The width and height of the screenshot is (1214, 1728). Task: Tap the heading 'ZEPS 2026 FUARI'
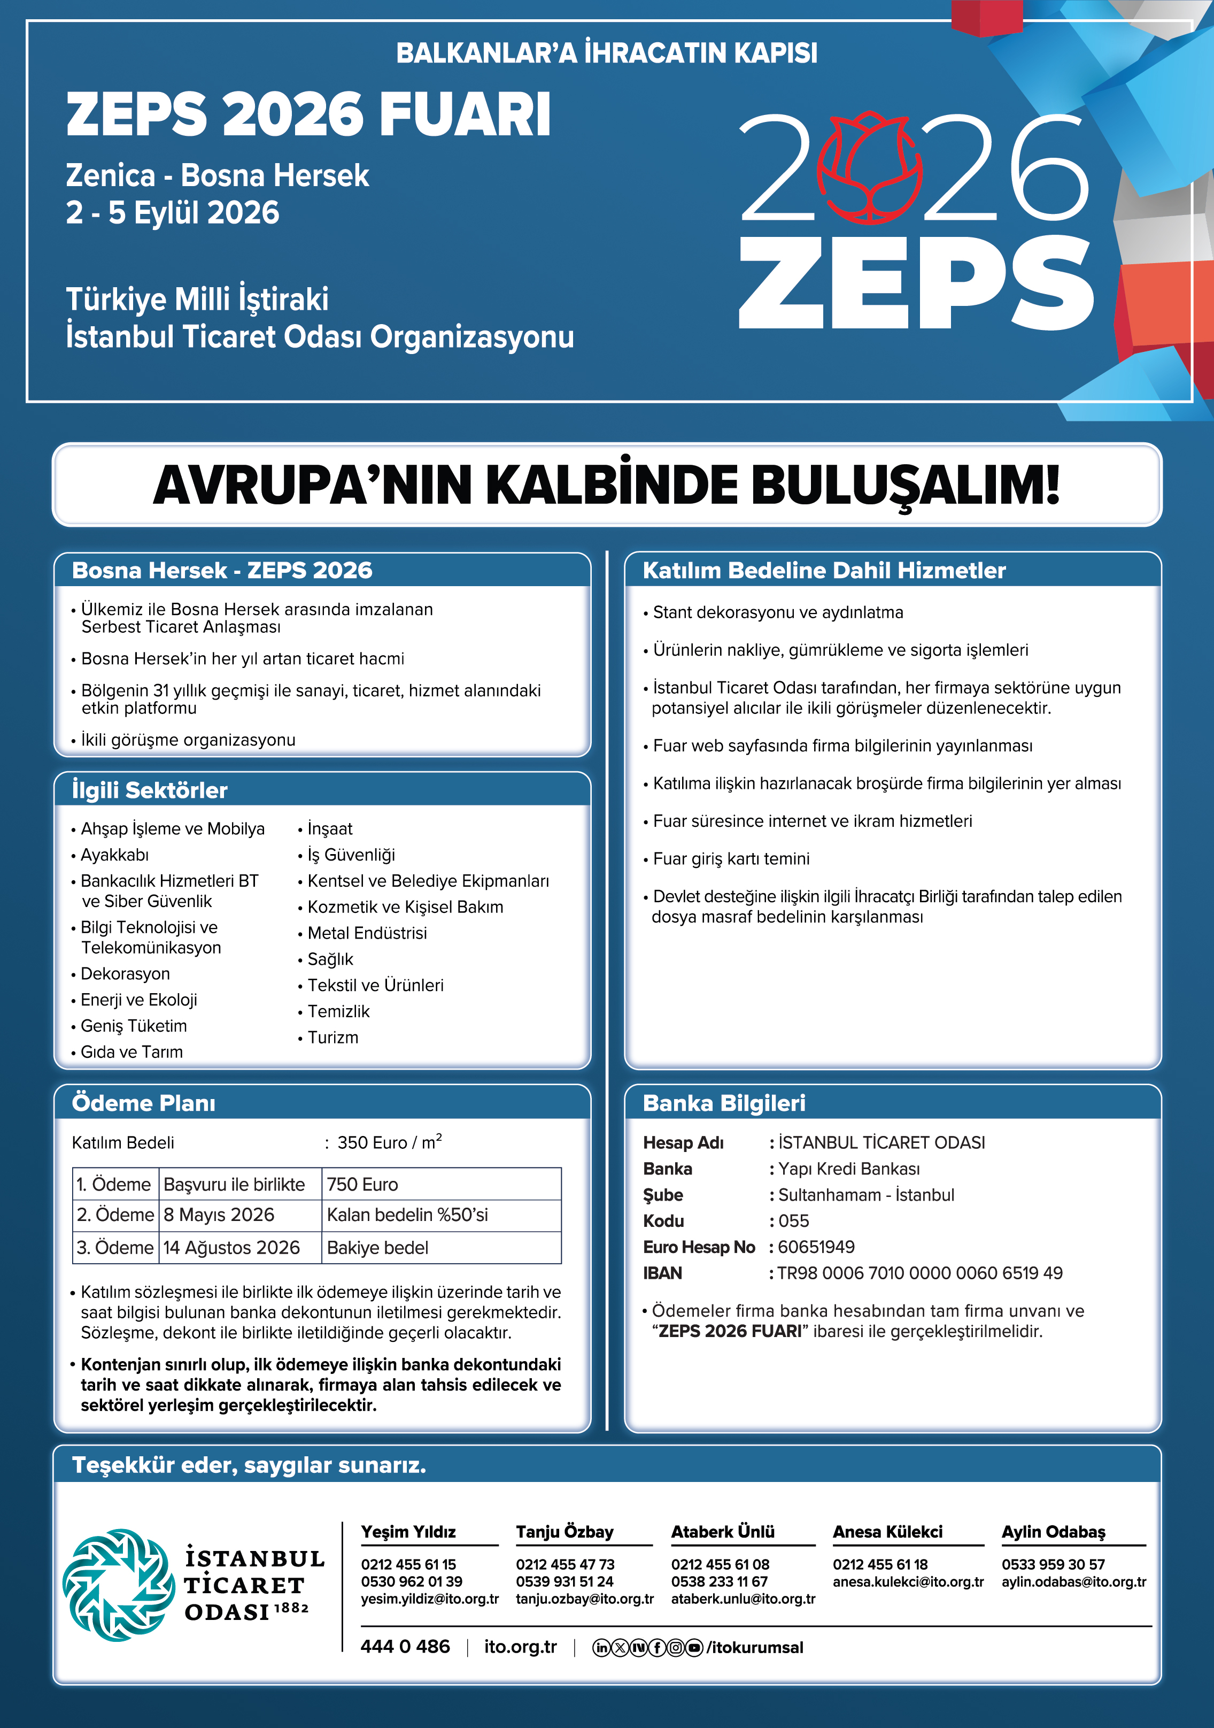308,114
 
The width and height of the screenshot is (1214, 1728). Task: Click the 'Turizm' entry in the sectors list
333,1037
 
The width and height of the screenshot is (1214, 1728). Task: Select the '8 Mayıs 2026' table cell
219,1215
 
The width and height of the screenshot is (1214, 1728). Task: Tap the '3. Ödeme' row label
115,1247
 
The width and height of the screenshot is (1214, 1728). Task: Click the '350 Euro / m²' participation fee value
389,1142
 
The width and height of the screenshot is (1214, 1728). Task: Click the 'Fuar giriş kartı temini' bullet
731,859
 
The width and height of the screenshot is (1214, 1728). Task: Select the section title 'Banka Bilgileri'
724,1103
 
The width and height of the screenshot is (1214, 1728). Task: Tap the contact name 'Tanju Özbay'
564,1532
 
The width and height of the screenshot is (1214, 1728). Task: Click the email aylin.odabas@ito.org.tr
1073,1581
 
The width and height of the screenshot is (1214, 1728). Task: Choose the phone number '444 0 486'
405,1647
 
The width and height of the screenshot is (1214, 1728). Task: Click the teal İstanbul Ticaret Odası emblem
118,1584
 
